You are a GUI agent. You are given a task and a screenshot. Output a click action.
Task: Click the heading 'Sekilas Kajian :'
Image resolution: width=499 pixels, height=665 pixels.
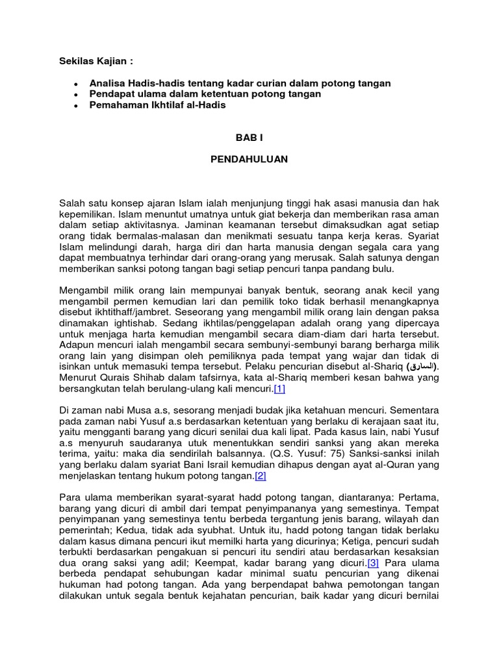pos(96,61)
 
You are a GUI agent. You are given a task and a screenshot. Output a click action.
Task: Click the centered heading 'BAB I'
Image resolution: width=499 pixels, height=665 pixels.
pos(249,138)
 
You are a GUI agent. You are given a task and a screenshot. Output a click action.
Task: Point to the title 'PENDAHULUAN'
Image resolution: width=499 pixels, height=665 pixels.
pos(249,158)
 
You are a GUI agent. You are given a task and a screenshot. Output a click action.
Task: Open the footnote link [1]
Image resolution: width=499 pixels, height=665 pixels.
pos(279,389)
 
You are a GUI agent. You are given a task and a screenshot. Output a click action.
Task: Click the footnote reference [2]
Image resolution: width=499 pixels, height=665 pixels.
pos(261,476)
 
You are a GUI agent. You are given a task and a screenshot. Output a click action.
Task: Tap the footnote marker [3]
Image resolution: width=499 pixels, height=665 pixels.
pos(373,563)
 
